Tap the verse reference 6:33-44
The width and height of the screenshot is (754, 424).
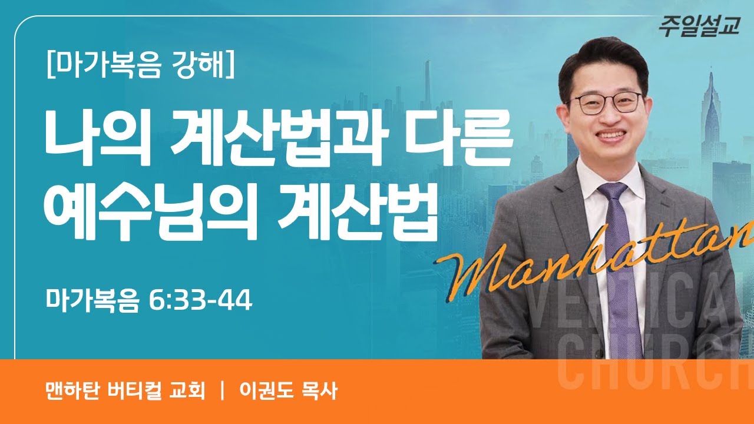tap(201, 300)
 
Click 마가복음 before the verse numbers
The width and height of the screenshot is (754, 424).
tap(92, 300)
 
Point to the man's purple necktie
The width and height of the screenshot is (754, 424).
tap(618, 265)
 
